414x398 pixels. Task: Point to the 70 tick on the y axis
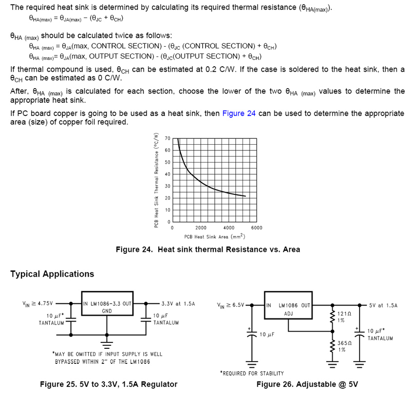[x=168, y=138]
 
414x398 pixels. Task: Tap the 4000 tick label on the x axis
[x=228, y=227]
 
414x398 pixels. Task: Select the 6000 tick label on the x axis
[x=256, y=227]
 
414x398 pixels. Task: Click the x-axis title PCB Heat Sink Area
[x=214, y=236]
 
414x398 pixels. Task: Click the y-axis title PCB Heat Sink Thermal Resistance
[x=156, y=180]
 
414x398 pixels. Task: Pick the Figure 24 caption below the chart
[x=207, y=249]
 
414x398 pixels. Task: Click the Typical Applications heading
[x=52, y=274]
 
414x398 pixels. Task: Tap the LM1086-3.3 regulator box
[x=107, y=306]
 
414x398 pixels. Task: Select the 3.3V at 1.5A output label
[x=178, y=303]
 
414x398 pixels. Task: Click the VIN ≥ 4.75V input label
[x=38, y=303]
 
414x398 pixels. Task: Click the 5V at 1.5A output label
[x=383, y=305]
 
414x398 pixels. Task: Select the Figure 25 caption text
[x=109, y=384]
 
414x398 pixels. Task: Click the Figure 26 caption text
[x=307, y=384]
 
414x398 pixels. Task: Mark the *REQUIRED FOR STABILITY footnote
[x=252, y=373]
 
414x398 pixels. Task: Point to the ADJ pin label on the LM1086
[x=289, y=313]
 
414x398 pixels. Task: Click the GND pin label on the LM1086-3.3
[x=107, y=311]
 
